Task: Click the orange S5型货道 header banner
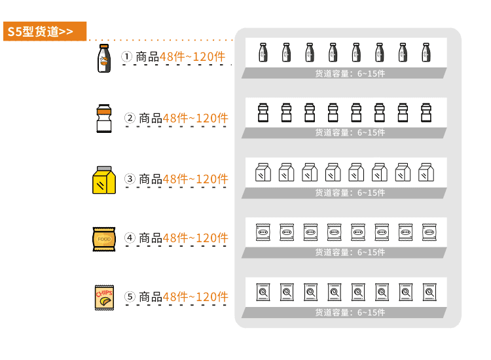(x=45, y=31)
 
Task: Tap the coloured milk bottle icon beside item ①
(x=104, y=58)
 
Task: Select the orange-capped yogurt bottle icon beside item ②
(x=104, y=118)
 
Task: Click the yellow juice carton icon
(x=104, y=180)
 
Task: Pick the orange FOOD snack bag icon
(x=104, y=239)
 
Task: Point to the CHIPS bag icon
(x=104, y=297)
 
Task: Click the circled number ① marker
(x=127, y=57)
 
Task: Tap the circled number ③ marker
(x=130, y=179)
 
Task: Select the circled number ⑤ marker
(x=130, y=297)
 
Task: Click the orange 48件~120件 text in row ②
(x=195, y=118)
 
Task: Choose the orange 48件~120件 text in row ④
(x=195, y=238)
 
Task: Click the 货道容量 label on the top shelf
(x=332, y=73)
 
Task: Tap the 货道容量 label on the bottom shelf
(x=332, y=312)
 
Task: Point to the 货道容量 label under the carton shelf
(x=332, y=193)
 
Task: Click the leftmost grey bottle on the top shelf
(x=263, y=52)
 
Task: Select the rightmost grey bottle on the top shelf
(x=426, y=52)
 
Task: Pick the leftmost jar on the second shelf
(x=263, y=113)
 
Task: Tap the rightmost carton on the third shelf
(x=426, y=172)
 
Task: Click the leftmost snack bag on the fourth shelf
(x=263, y=232)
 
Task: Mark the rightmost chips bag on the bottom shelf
(x=429, y=292)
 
